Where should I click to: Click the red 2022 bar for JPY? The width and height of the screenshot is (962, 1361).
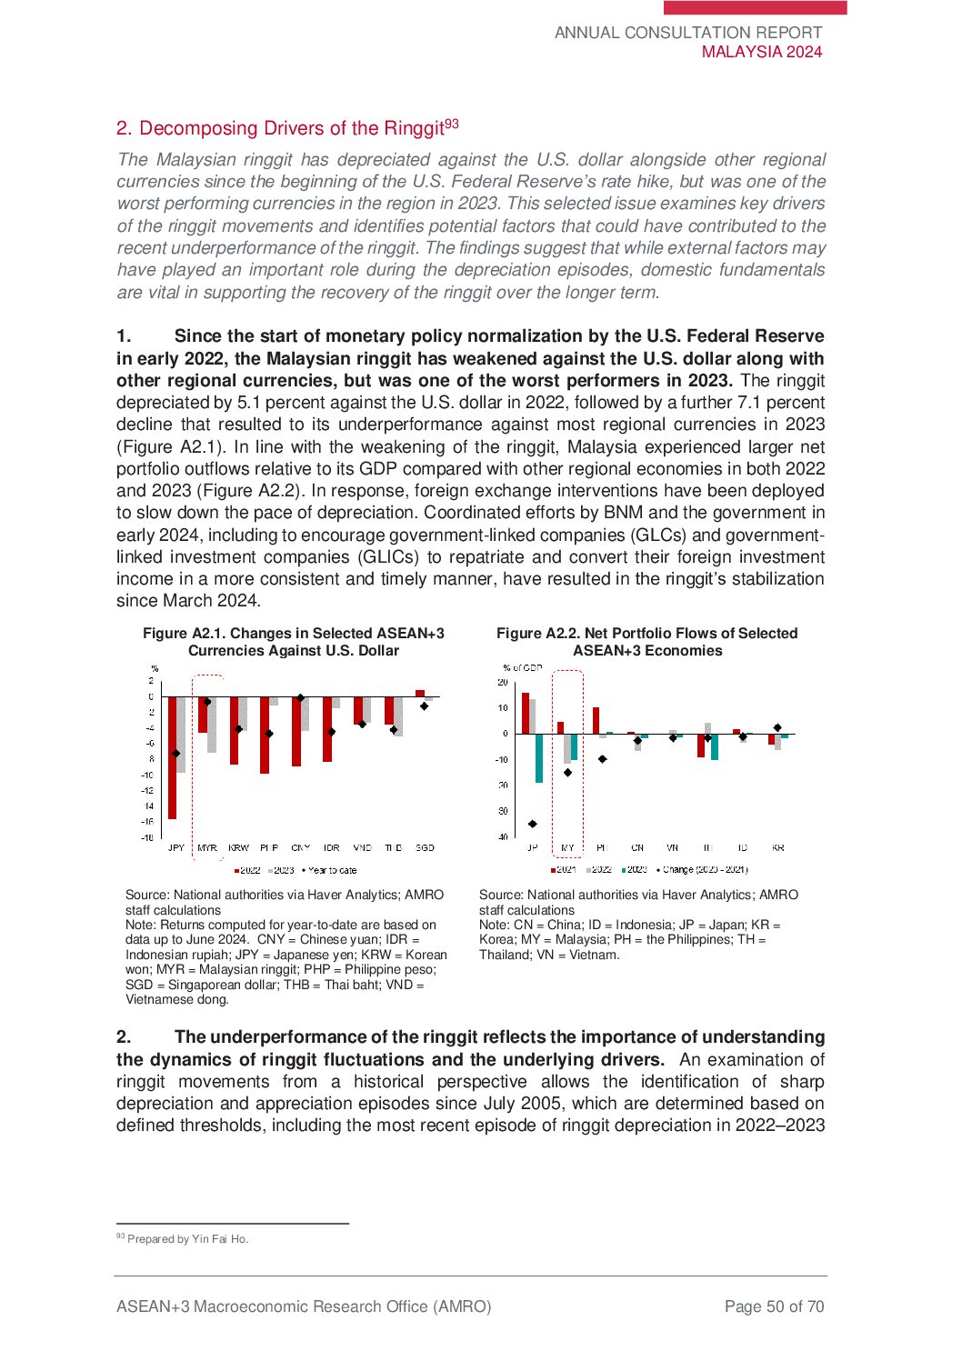point(173,757)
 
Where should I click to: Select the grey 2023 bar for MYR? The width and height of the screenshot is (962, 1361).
point(212,725)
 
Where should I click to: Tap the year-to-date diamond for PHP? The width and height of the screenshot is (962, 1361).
point(269,734)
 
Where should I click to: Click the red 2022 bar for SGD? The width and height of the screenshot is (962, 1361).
point(420,694)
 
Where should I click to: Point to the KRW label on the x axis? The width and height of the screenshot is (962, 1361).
point(238,847)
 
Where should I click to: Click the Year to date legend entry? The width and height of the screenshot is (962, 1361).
point(329,870)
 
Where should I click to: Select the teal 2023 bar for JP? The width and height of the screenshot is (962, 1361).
point(539,758)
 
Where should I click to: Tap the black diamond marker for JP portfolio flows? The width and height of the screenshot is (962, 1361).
point(533,824)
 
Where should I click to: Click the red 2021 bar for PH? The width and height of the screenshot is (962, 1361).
point(596,721)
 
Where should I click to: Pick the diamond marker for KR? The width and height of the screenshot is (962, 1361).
point(777,727)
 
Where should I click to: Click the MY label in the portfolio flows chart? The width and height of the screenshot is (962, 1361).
point(567,847)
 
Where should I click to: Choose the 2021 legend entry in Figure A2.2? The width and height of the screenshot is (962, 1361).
point(563,870)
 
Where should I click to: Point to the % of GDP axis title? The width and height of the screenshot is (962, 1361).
point(523,667)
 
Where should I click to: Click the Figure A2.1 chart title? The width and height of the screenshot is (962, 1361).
point(294,642)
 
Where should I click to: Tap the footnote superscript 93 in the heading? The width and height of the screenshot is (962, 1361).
point(452,124)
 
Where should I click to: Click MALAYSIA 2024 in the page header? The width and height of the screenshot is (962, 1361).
point(762,52)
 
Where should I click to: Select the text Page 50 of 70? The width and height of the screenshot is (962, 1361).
point(774,1306)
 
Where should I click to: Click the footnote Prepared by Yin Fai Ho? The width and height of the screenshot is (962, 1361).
point(187,1239)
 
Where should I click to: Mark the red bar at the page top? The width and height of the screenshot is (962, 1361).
point(755,7)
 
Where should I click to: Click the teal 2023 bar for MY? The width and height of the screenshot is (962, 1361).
point(574,746)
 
